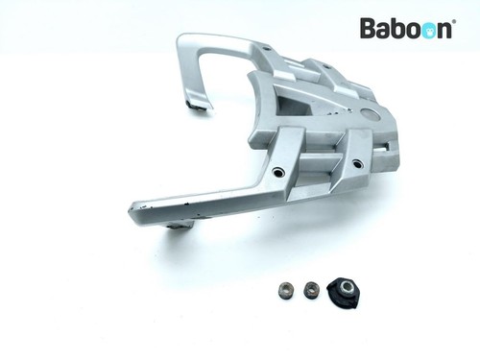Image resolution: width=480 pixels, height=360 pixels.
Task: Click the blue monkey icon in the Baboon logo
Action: coord(424,30)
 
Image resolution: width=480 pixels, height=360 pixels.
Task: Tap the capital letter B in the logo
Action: coord(369,28)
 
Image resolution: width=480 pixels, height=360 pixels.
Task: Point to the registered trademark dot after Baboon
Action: coord(453,22)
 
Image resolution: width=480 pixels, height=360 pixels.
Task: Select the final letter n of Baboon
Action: coord(443,30)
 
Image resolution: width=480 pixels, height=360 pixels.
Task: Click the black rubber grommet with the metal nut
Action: coord(344,290)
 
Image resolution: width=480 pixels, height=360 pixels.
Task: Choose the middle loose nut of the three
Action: coord(310,289)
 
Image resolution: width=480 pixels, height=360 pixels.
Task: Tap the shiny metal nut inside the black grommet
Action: coord(347,285)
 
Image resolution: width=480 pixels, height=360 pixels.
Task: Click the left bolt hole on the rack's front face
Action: coord(278,172)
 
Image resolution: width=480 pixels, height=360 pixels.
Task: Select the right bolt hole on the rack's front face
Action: coord(358,164)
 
